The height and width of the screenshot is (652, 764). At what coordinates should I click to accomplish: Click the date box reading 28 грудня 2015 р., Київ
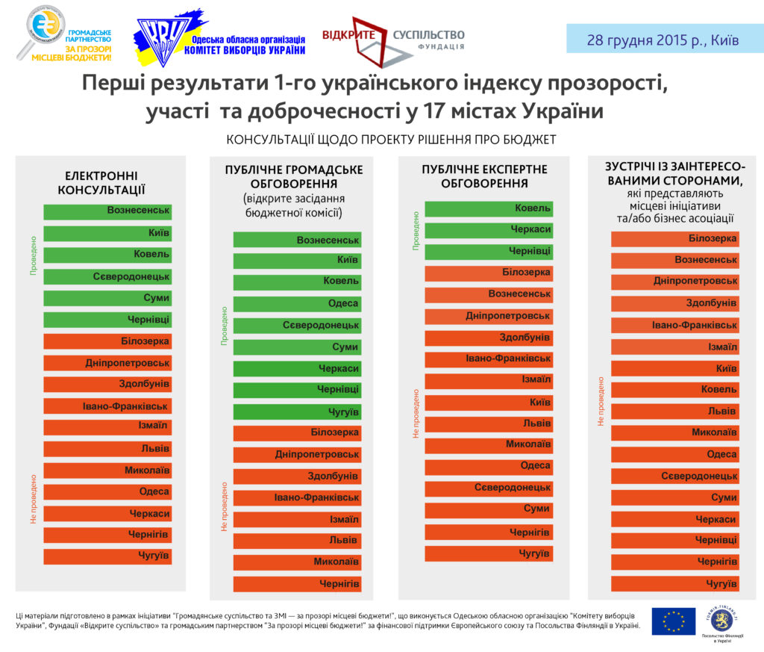[x=663, y=40]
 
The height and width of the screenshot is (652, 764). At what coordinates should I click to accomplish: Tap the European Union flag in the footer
[x=673, y=621]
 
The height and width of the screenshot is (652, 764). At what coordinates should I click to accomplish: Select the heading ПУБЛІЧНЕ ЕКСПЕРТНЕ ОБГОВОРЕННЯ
[x=483, y=176]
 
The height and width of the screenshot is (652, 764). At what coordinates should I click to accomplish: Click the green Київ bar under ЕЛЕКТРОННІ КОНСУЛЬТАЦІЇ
[x=107, y=233]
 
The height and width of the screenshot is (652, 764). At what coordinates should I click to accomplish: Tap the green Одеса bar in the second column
[x=297, y=304]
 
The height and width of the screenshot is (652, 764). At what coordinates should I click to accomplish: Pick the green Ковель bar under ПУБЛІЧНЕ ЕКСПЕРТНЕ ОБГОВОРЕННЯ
[x=489, y=209]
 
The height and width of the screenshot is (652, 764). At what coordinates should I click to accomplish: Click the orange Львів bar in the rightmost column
[x=675, y=412]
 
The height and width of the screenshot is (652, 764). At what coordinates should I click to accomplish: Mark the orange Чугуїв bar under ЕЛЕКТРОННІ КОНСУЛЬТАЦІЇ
[x=107, y=556]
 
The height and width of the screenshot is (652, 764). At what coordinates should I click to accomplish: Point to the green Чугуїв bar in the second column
[x=297, y=412]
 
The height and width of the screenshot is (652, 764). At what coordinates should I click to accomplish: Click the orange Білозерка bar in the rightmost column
[x=675, y=239]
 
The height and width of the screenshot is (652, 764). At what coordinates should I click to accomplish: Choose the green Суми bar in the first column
[x=107, y=298]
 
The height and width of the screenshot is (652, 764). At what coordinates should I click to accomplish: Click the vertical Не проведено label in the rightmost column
[x=601, y=401]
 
